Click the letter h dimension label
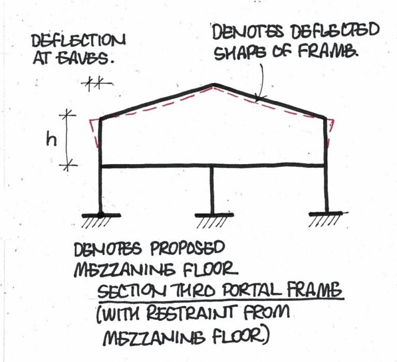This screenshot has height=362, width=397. pos(51,140)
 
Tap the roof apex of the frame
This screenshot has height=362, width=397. pos(214,84)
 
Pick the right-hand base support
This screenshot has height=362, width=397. pos(328,219)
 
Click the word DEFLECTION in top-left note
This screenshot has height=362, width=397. pos(78,41)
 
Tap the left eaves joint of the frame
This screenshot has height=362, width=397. pos(101,118)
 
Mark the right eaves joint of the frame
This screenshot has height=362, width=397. pos(325,118)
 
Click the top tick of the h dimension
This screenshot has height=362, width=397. pos(67,115)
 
